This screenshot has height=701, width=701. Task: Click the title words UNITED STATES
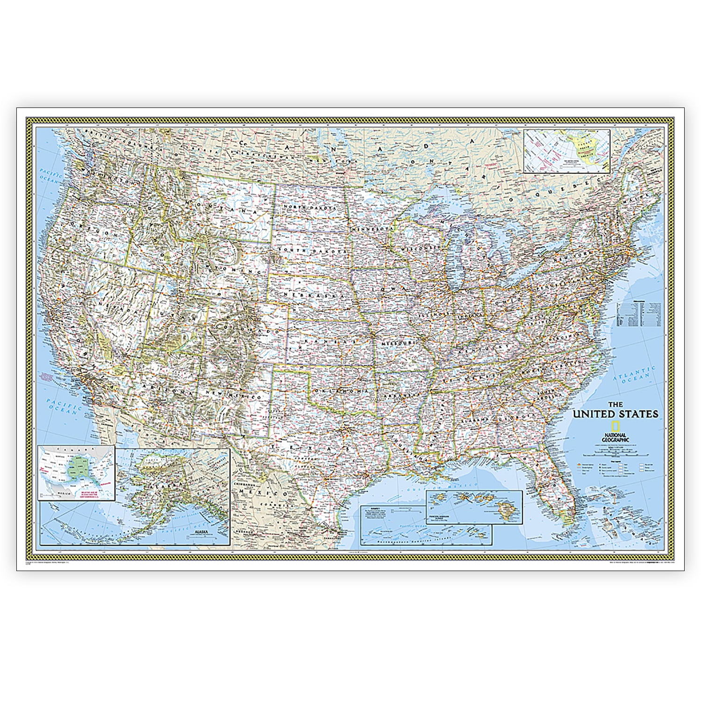[615, 414]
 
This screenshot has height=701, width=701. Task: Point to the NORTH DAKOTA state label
[309, 207]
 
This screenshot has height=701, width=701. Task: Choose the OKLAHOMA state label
[340, 391]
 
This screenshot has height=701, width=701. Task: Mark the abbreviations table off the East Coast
[639, 312]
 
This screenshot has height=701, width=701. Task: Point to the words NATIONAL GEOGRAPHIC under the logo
[615, 437]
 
